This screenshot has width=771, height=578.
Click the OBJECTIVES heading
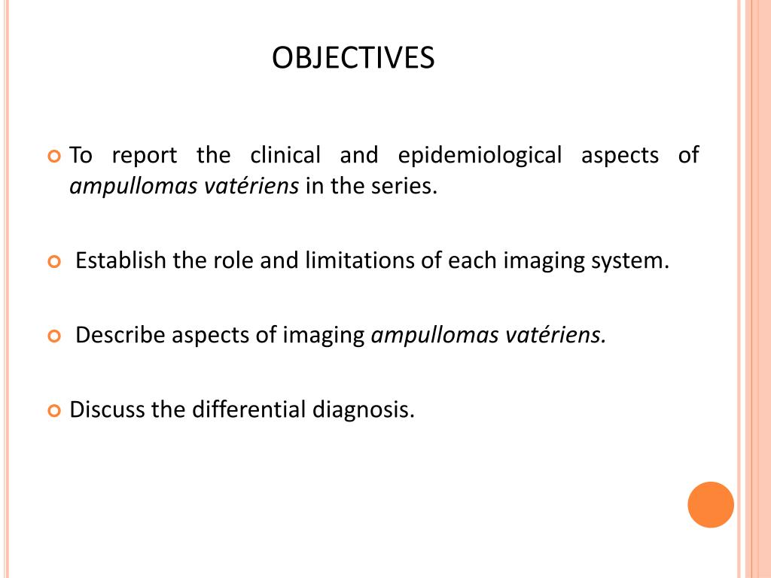(353, 58)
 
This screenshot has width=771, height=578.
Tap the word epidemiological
(480, 156)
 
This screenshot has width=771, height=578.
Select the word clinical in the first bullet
(285, 156)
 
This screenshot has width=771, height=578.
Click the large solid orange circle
(710, 504)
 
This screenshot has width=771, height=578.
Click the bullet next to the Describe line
(53, 336)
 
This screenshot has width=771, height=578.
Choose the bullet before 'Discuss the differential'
(53, 411)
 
